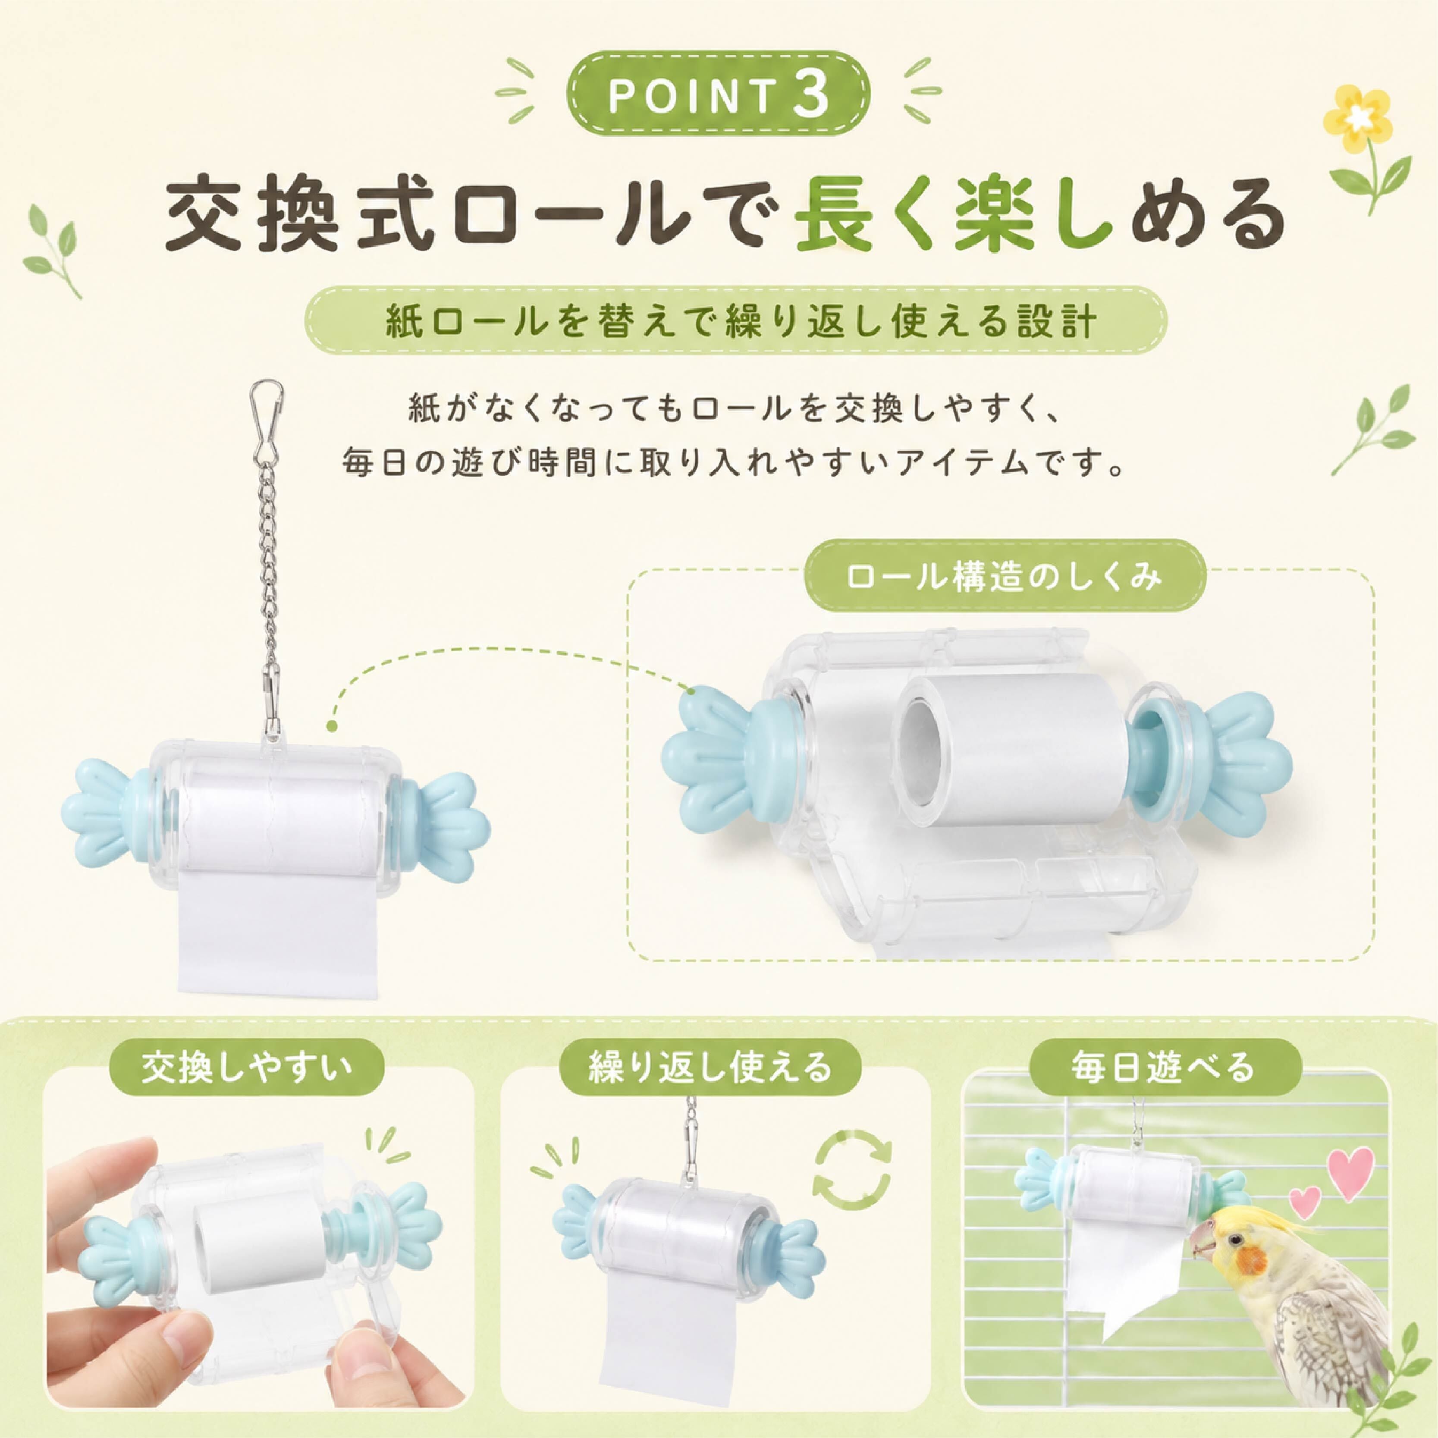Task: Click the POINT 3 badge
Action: coord(718,95)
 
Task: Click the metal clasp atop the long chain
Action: coord(265,421)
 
